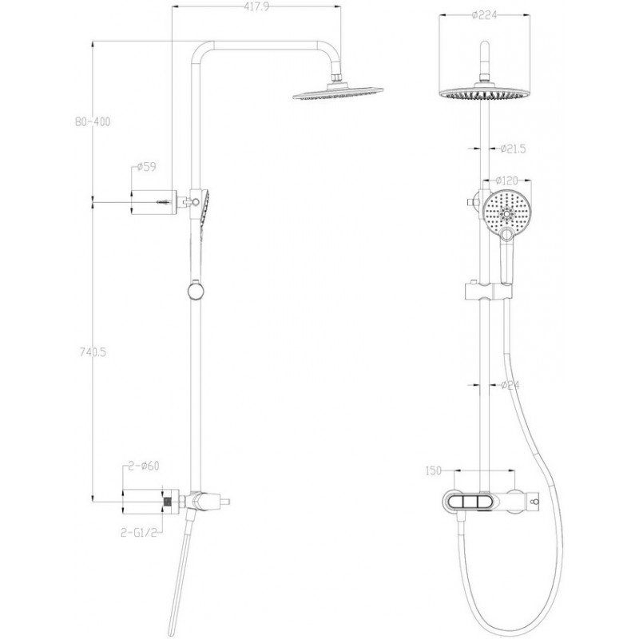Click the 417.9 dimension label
point(256,6)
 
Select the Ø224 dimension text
point(485,15)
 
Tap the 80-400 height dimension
point(93,121)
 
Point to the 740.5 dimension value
point(93,352)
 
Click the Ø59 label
point(146,167)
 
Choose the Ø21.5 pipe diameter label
point(513,149)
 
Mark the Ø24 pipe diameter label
point(510,384)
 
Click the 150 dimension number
point(433,470)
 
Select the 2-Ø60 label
point(144,466)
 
